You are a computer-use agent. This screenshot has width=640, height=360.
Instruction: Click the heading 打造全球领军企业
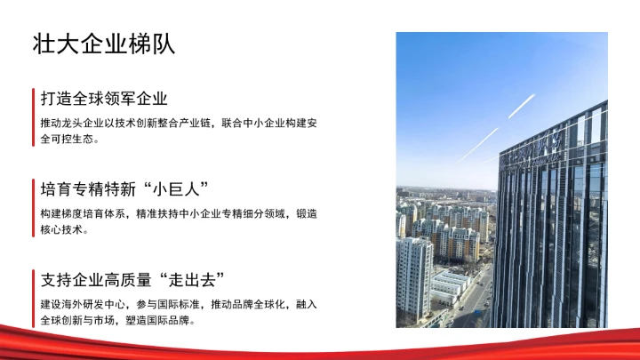tap(104, 98)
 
